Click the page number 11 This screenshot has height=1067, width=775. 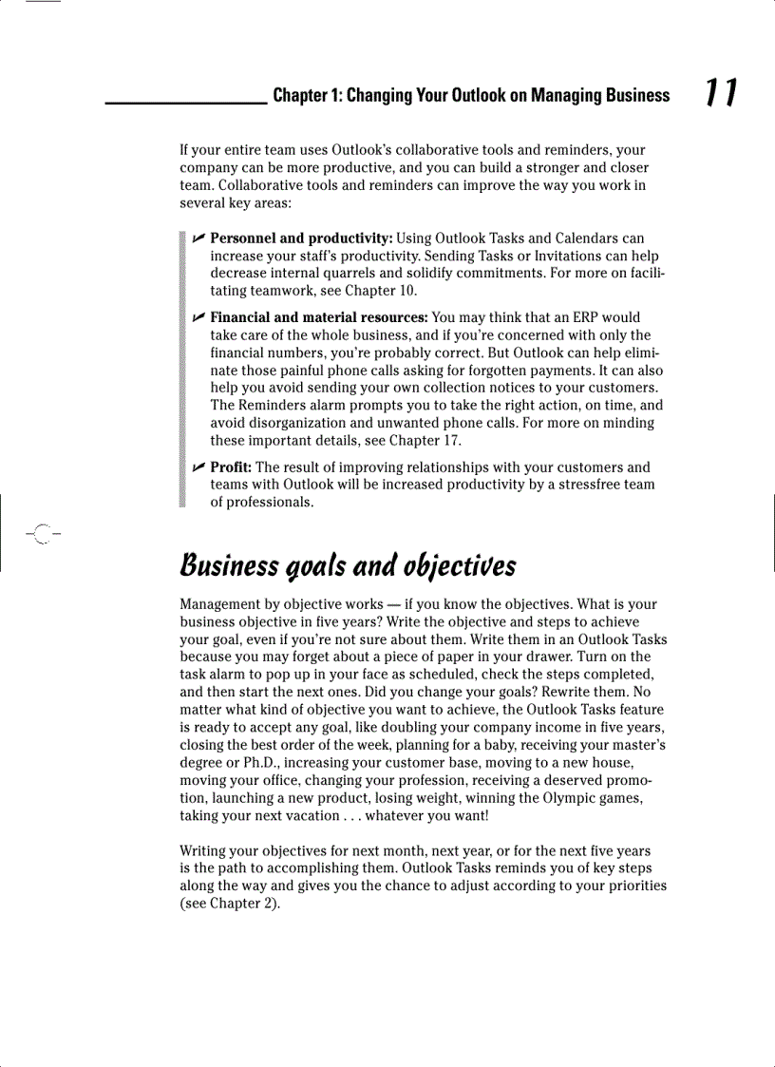[721, 93]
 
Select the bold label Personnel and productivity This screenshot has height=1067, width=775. [301, 238]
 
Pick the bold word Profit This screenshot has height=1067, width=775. [231, 467]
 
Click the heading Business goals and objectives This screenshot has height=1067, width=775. [348, 565]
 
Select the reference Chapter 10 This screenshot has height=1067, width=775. [380, 291]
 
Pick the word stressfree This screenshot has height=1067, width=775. [577, 485]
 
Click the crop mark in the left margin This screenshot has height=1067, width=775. [40, 534]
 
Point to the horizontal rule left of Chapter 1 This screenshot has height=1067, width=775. [185, 102]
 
